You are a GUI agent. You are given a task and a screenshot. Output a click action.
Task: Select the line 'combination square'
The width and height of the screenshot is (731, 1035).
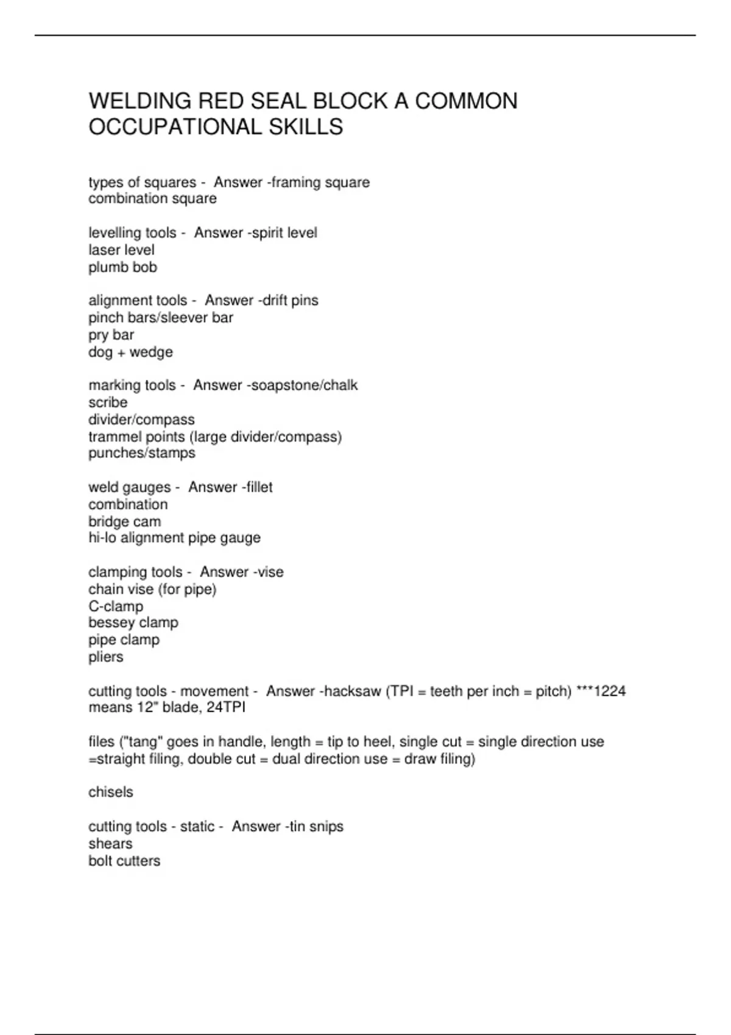[x=152, y=198]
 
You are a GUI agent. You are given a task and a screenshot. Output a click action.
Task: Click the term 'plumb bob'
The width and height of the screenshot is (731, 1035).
[x=122, y=267]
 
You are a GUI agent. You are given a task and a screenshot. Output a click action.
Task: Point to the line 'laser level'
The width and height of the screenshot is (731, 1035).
[x=121, y=250]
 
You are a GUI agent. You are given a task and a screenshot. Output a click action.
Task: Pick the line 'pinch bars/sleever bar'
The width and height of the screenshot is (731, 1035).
[x=161, y=318]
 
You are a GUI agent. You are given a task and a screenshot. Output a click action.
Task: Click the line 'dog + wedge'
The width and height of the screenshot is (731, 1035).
[x=130, y=352]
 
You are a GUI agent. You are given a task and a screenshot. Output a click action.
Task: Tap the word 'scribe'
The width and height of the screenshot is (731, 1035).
[x=108, y=402]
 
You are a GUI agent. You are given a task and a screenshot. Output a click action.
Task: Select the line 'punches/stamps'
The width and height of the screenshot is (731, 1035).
[x=142, y=453]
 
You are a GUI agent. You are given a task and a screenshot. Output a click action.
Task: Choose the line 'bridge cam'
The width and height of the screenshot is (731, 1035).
[x=125, y=522]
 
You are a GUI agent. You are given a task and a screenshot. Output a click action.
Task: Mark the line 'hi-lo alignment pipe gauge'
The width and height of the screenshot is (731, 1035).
[x=174, y=538]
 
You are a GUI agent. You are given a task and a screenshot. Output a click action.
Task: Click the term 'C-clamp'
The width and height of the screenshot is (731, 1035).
[x=116, y=606]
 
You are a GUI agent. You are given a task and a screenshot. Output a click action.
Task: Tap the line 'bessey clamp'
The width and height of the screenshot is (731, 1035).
[x=133, y=623]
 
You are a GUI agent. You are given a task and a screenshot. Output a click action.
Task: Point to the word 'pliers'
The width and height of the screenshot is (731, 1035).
[x=106, y=657]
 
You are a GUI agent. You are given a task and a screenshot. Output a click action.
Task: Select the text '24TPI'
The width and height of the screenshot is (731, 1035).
[x=226, y=707]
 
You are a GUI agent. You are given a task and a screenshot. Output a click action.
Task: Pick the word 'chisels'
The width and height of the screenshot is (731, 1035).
[x=111, y=792]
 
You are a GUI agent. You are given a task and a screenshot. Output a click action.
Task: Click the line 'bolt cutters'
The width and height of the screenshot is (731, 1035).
[x=124, y=861]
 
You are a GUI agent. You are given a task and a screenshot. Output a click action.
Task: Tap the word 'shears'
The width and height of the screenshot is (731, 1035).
[x=110, y=844]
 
